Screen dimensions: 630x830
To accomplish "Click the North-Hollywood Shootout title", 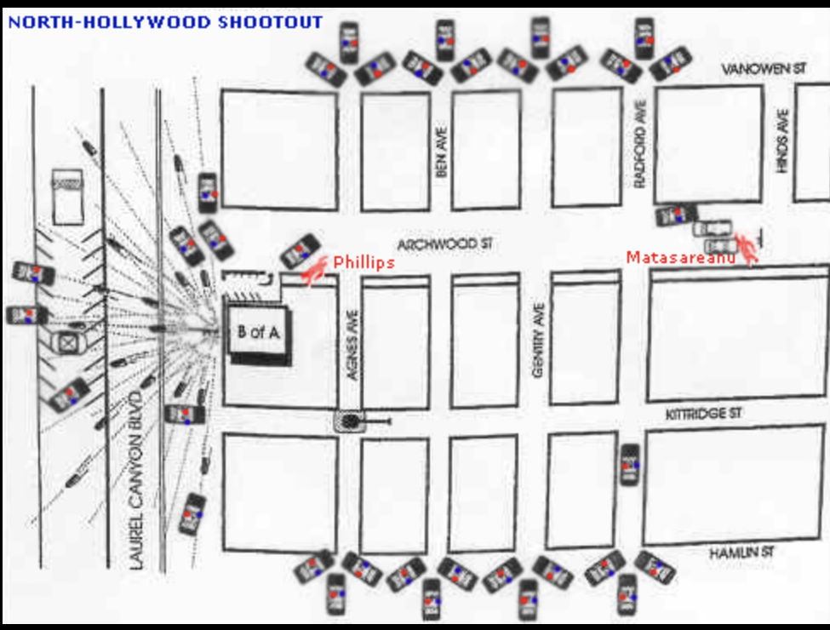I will click(x=166, y=21).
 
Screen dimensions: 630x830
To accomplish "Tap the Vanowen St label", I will click(x=764, y=69).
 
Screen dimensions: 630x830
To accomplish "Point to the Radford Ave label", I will click(x=641, y=144).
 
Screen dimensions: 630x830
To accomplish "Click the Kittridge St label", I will click(x=704, y=414).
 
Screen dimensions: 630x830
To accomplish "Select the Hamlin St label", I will click(x=741, y=553).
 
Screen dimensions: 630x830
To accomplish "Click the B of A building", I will click(x=258, y=333).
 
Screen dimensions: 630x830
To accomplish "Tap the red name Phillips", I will click(x=363, y=262).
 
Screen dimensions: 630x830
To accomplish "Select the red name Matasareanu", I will click(x=680, y=256).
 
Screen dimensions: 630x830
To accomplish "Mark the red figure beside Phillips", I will click(x=316, y=271).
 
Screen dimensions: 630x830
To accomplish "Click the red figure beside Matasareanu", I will click(x=747, y=248).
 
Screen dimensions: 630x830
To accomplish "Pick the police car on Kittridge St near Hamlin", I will click(x=630, y=465).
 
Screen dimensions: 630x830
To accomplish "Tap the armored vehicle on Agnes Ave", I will click(x=351, y=421).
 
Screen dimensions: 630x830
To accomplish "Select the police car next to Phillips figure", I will click(x=300, y=252).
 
